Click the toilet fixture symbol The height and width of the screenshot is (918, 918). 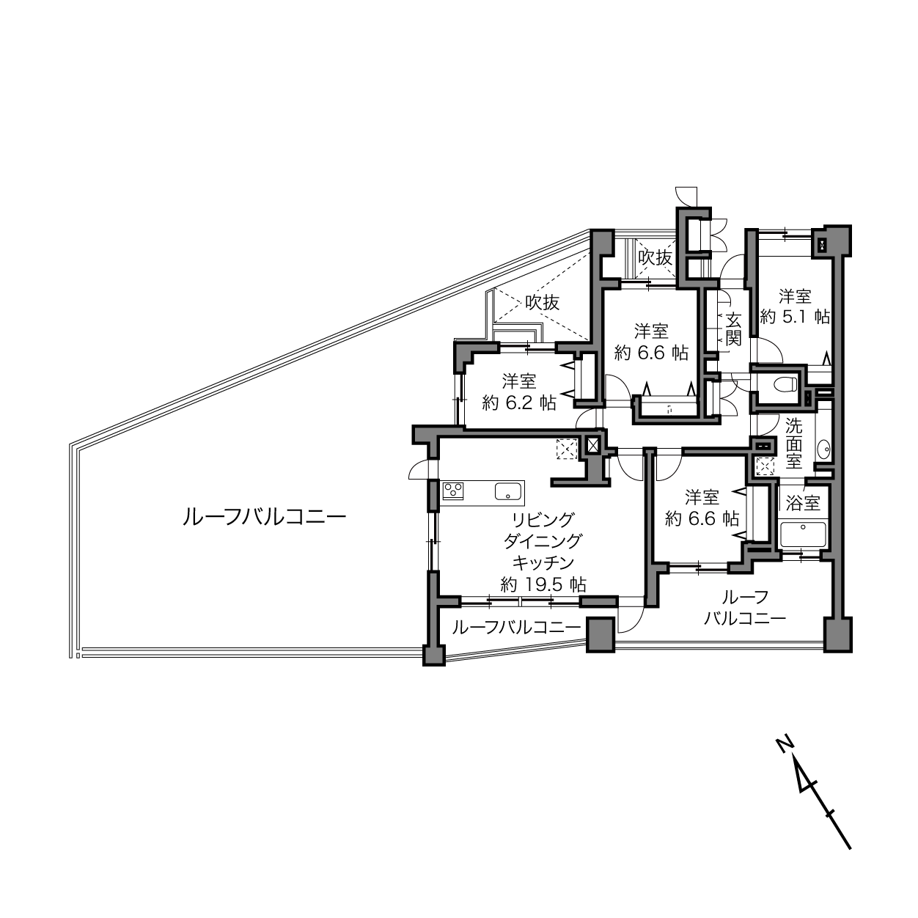point(786,383)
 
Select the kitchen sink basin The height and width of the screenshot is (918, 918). point(508,491)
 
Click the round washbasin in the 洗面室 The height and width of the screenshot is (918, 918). point(823,449)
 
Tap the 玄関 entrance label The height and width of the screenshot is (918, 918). point(733,329)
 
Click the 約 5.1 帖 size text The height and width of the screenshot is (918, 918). point(795,317)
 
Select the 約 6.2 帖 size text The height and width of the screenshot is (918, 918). point(519,403)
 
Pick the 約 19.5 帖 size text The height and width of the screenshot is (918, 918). point(543,584)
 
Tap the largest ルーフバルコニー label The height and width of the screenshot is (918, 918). point(265,517)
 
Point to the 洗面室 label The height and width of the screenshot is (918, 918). point(793,444)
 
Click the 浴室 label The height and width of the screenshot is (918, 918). point(803,504)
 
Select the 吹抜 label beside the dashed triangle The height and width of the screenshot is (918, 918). point(542,302)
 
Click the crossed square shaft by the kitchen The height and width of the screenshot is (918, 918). point(592,446)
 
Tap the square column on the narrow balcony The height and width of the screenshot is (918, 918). point(601,635)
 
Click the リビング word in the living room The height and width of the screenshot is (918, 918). point(543,520)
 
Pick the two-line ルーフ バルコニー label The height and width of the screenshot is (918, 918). point(745,607)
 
